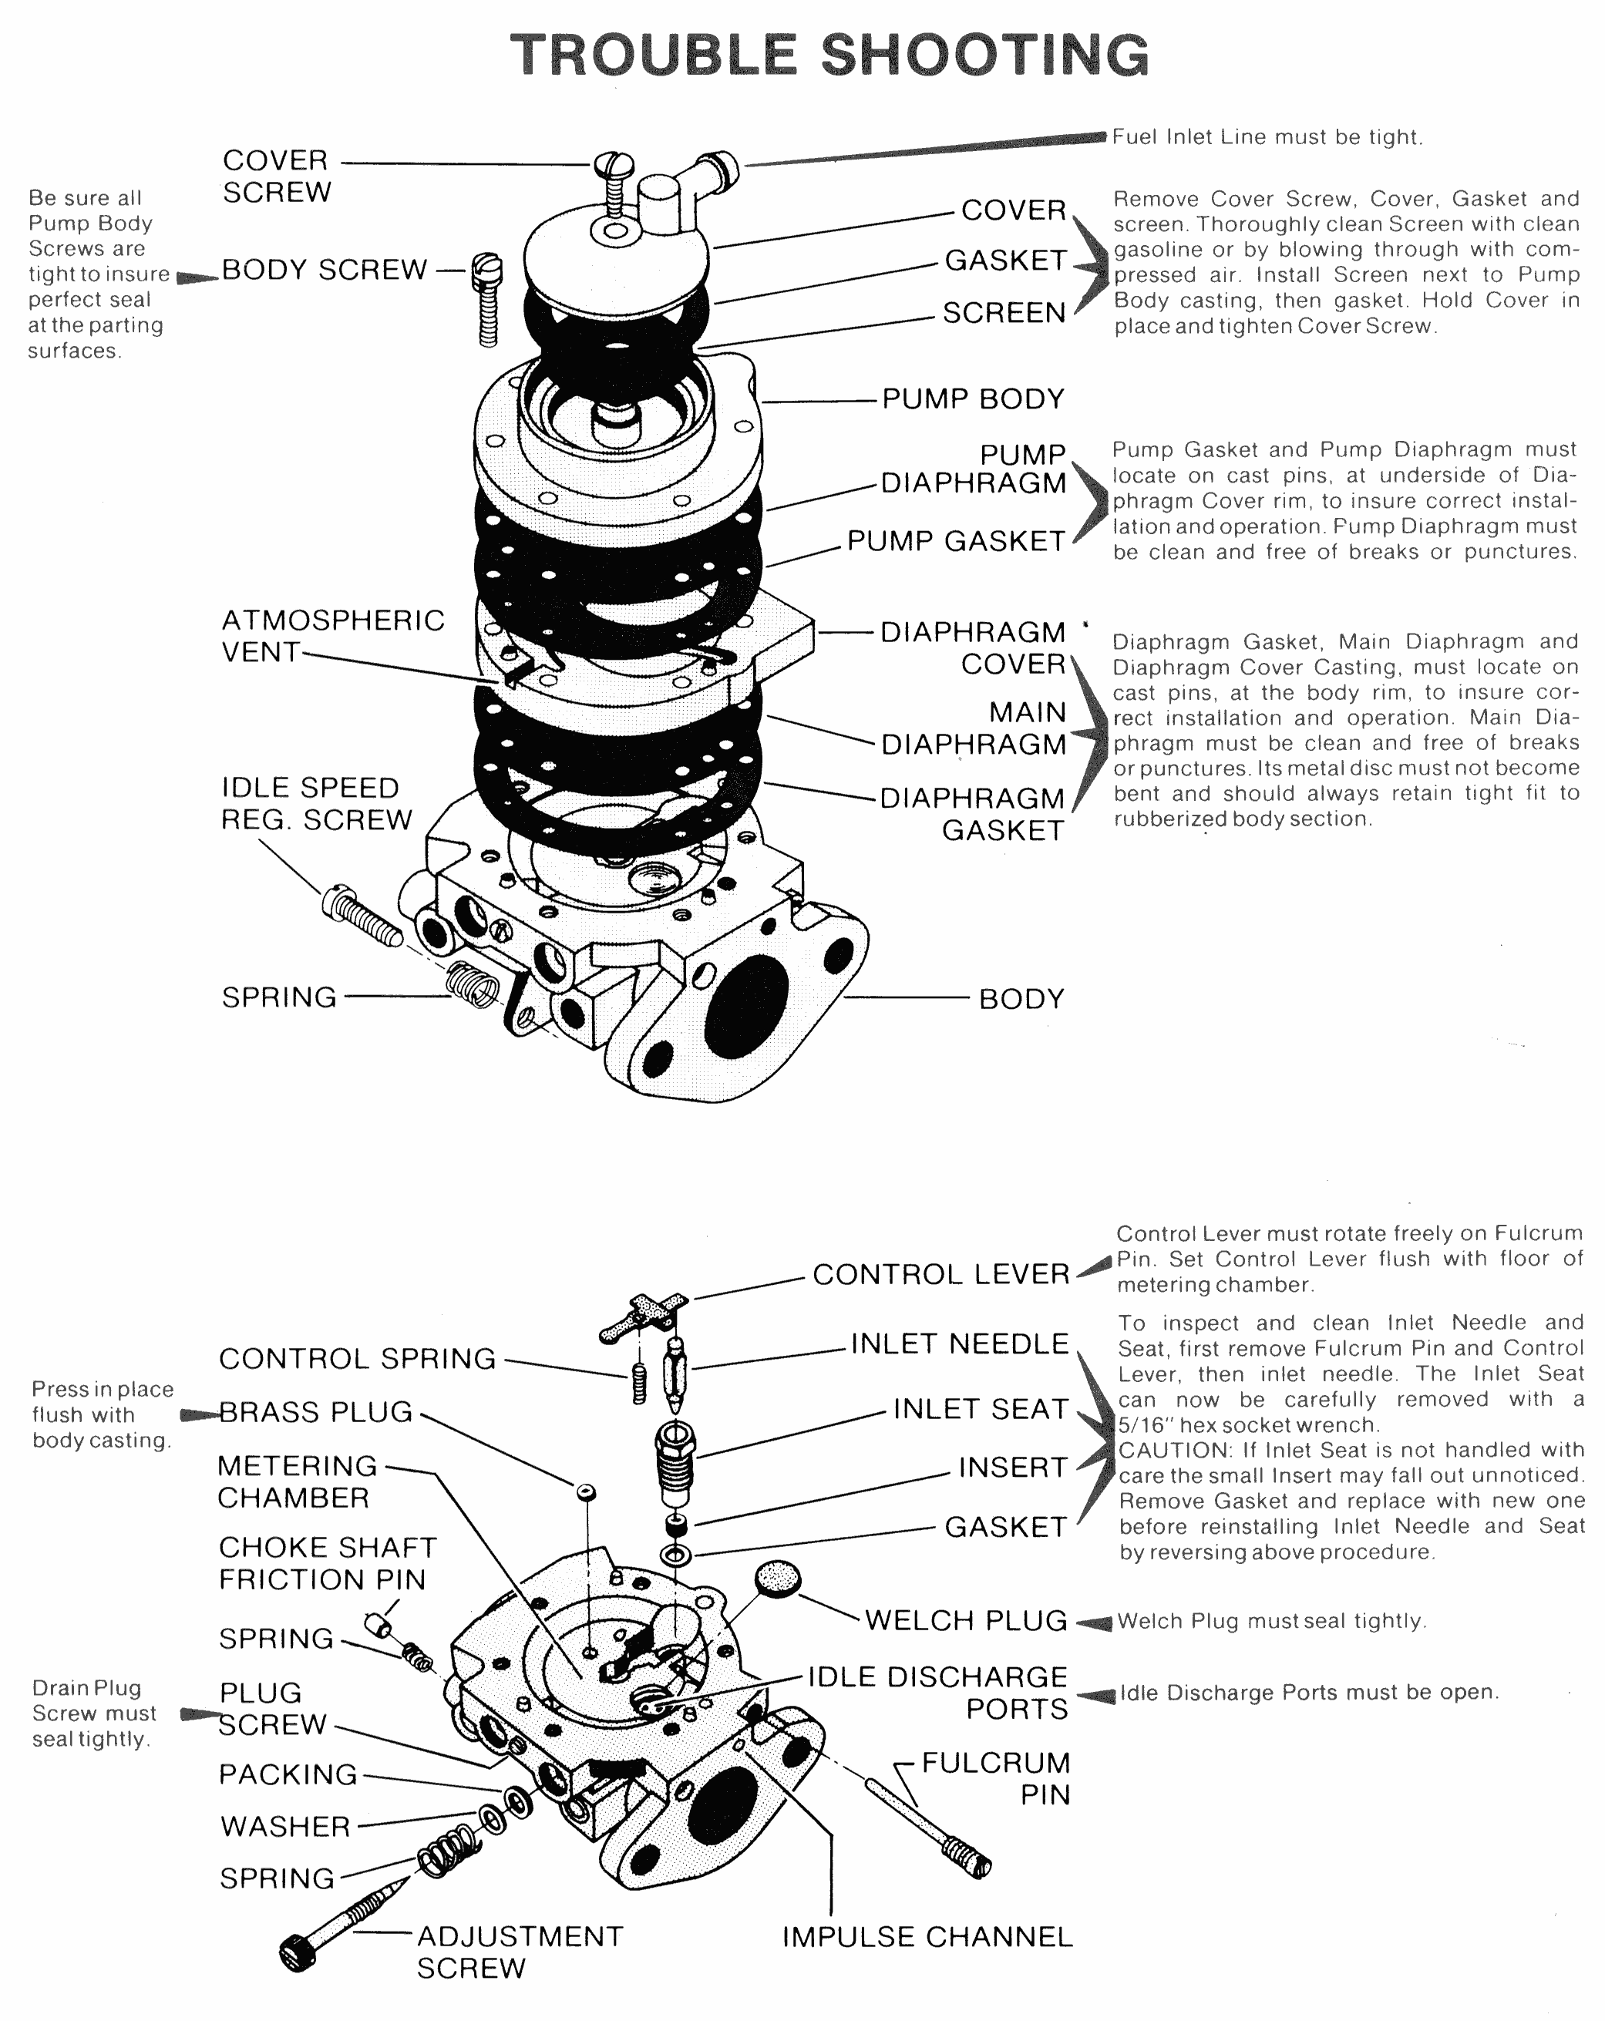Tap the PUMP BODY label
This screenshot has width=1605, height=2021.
(x=973, y=398)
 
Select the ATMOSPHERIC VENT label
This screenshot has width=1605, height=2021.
(x=332, y=636)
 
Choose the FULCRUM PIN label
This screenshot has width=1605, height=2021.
(x=996, y=1778)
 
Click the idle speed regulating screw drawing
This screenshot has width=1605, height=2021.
(x=363, y=914)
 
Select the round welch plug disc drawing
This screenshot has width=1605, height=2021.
(x=778, y=1578)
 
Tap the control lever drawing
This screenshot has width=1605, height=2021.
(x=645, y=1313)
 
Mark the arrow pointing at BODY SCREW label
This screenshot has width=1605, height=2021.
(x=197, y=277)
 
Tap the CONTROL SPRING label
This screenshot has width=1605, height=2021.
(x=357, y=1358)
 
